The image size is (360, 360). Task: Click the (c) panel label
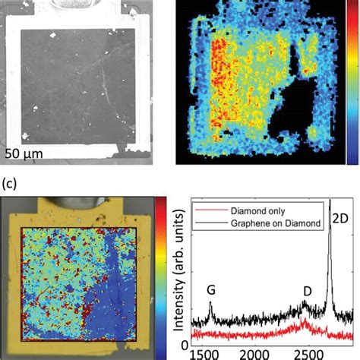coord(11,184)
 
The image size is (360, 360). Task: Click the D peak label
coord(307,290)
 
